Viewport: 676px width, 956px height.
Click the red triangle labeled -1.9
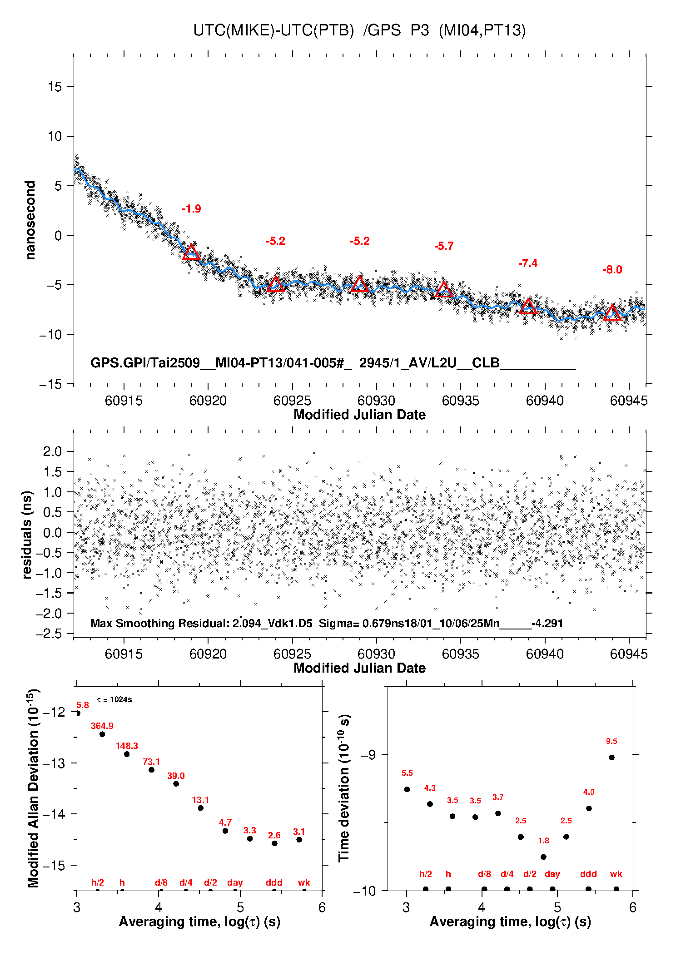point(191,253)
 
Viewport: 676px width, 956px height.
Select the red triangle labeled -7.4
point(528,307)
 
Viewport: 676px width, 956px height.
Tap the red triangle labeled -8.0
point(612,313)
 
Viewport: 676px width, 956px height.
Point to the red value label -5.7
point(443,246)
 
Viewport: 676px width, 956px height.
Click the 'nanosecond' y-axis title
point(30,220)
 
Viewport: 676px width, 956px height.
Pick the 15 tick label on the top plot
point(55,87)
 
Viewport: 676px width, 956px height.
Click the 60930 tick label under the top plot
point(376,401)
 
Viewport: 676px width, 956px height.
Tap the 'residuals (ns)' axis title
point(27,535)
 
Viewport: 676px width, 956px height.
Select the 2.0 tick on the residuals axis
point(52,451)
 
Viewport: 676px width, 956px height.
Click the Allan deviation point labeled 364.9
point(102,734)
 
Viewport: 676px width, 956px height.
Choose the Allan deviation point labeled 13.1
point(200,808)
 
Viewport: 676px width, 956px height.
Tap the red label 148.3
point(127,746)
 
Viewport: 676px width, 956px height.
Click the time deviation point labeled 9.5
point(611,757)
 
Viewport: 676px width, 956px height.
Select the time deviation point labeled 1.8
point(543,857)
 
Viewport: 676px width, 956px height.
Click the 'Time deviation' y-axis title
point(344,788)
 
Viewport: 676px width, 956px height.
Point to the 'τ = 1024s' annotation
point(114,699)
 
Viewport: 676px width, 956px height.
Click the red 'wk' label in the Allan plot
point(304,882)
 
